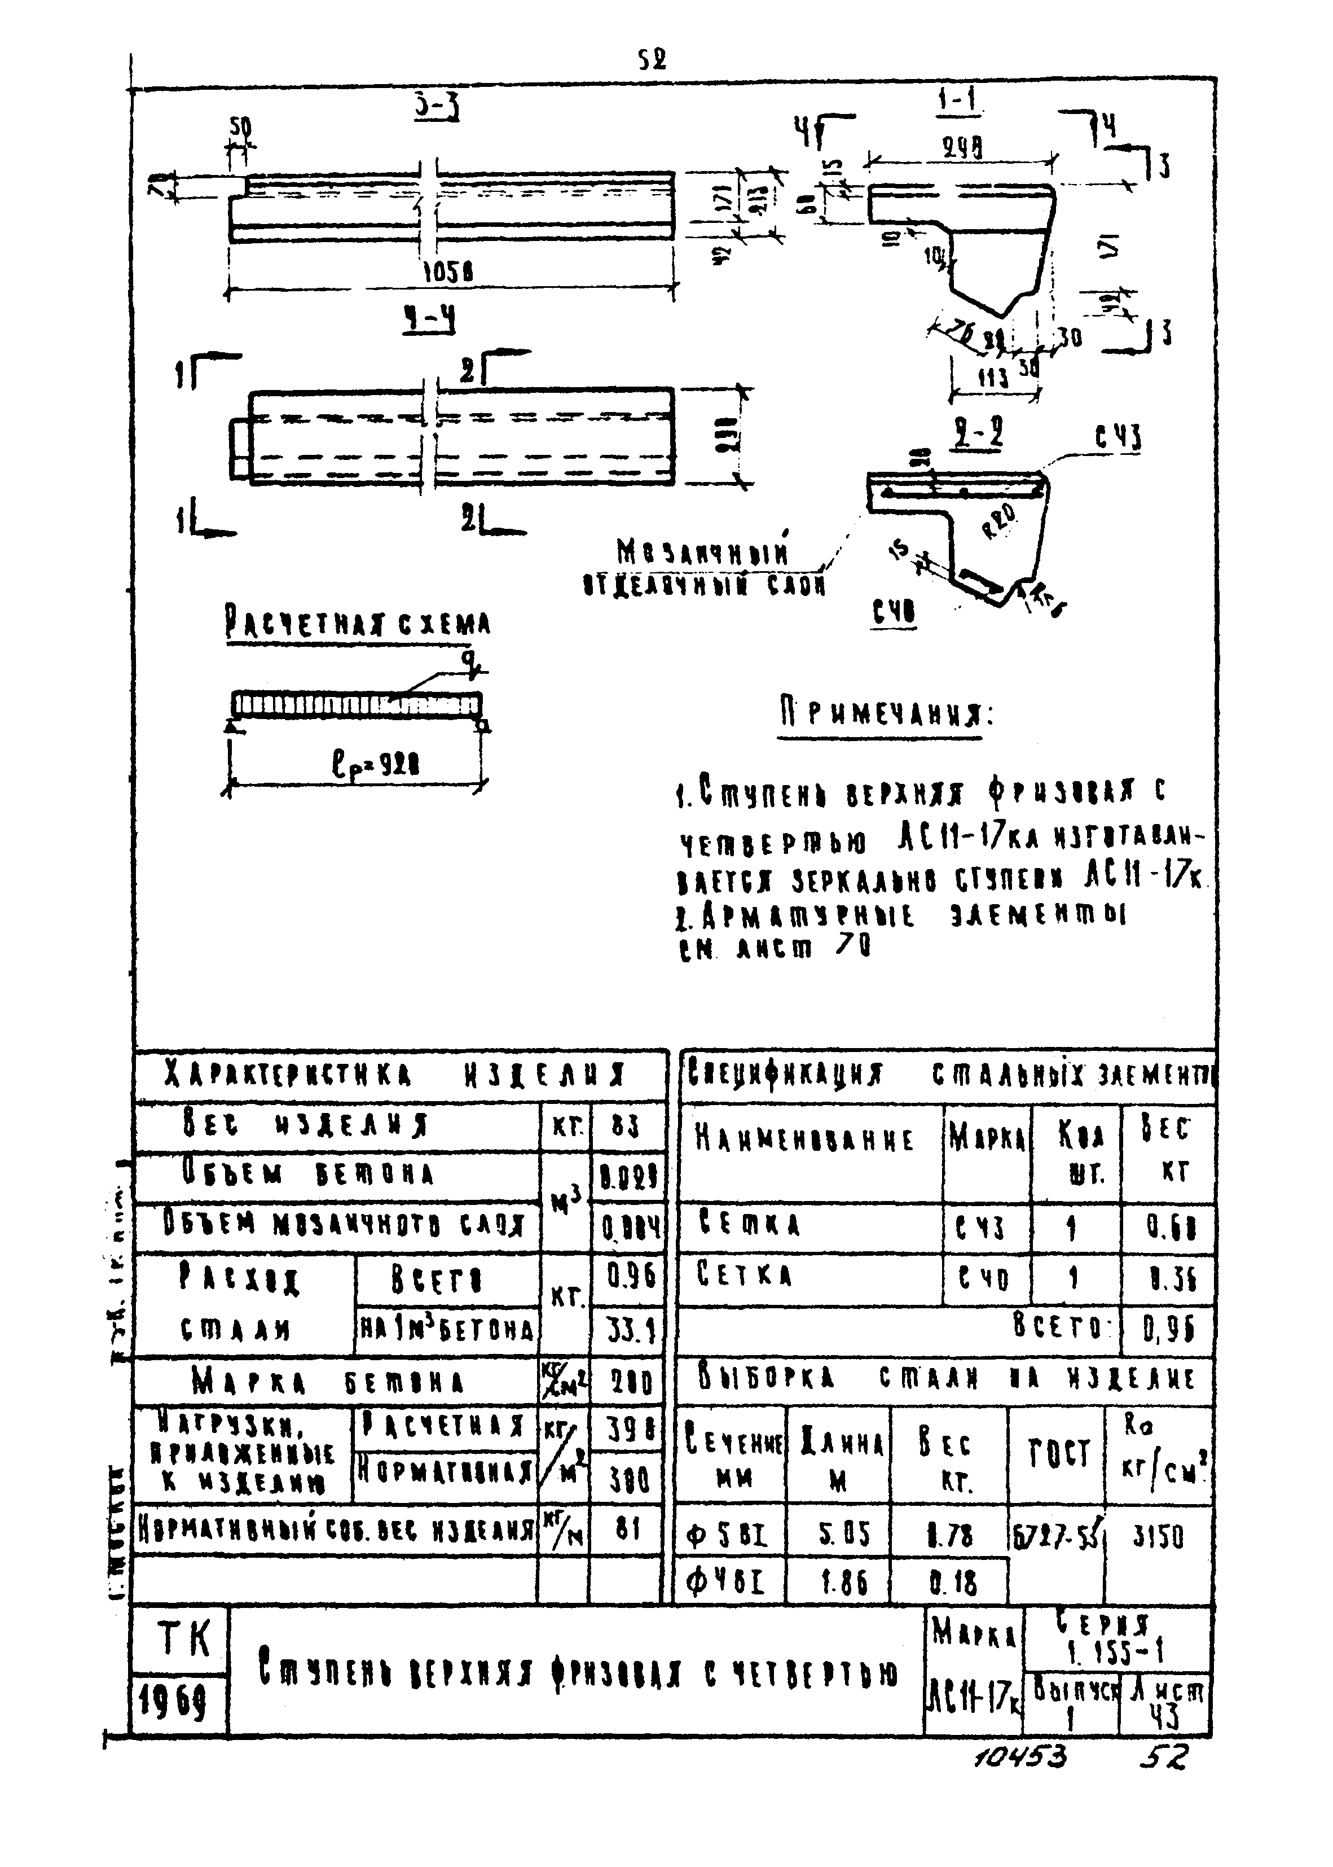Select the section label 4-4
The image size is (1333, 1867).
tap(429, 320)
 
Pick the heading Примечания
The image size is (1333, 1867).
tap(885, 715)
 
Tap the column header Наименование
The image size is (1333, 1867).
tap(804, 1140)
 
